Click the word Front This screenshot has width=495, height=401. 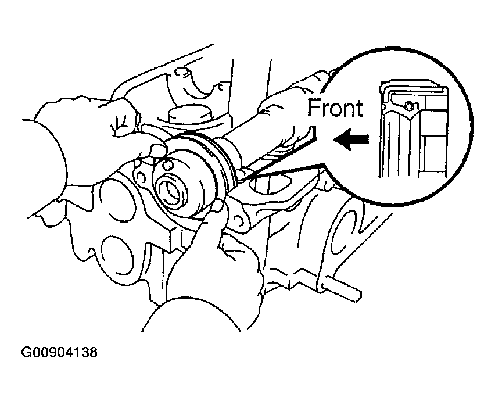click(335, 108)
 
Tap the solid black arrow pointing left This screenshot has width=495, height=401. click(350, 139)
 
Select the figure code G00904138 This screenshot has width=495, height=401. click(59, 352)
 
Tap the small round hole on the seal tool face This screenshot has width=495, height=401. click(167, 166)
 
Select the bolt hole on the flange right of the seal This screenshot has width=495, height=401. click(241, 221)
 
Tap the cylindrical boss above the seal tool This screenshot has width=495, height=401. click(189, 115)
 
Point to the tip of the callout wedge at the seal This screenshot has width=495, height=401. click(238, 180)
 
